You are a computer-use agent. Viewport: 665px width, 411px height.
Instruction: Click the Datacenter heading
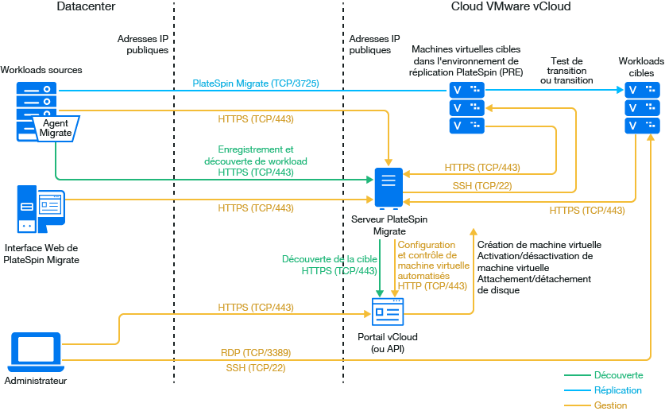86,7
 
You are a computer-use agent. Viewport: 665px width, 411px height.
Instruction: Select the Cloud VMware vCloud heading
510,7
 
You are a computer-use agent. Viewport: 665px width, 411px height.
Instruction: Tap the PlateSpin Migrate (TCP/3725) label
256,83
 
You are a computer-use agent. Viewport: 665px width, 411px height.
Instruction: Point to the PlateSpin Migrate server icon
389,188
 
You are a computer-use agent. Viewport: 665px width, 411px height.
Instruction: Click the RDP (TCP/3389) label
255,352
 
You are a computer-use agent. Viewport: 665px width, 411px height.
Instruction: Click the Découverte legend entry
618,374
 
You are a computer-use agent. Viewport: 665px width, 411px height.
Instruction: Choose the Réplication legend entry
617,390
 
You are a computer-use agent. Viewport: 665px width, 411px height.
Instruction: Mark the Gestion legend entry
610,405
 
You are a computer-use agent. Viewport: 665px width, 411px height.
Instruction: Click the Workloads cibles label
641,67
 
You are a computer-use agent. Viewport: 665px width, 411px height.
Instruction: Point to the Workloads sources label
41,70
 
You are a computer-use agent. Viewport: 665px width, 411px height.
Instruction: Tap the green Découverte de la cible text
330,259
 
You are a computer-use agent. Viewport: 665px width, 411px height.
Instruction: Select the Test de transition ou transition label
566,71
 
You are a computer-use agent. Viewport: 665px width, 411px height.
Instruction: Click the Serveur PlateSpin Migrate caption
389,224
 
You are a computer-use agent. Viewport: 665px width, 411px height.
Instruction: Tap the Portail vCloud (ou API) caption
389,343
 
